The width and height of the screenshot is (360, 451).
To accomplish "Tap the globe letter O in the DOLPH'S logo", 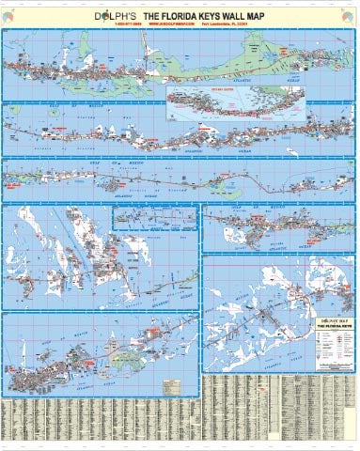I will [x=102, y=14].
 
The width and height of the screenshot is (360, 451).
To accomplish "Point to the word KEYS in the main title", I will [x=215, y=14].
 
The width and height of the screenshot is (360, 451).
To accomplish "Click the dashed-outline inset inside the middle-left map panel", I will [x=154, y=219].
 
